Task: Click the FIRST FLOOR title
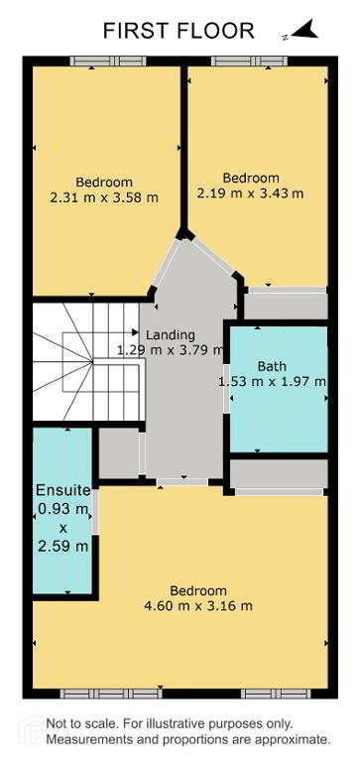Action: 179,31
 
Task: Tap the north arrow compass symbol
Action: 304,30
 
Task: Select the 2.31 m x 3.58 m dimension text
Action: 104,198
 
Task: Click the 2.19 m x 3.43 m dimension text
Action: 250,193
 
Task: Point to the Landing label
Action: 171,334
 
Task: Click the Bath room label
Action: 273,366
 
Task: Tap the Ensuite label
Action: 63,490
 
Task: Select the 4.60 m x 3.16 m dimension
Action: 198,606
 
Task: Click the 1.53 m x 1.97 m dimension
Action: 273,382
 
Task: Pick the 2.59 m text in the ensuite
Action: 63,547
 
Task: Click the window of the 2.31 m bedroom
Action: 108,61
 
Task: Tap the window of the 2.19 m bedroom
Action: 250,61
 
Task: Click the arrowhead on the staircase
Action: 136,332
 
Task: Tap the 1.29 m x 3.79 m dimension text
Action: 171,349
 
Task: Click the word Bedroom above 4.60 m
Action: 198,591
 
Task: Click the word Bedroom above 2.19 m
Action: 251,178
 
